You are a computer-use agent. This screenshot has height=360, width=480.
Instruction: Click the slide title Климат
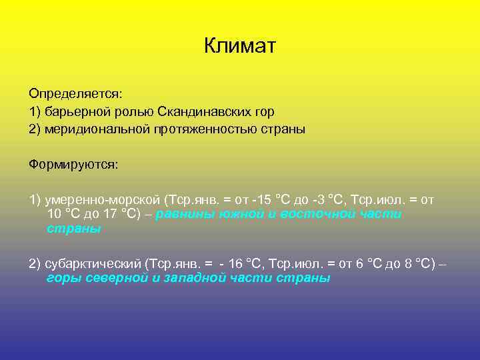pyautogui.click(x=240, y=46)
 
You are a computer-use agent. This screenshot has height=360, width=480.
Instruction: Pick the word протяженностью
pyautogui.click(x=203, y=129)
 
